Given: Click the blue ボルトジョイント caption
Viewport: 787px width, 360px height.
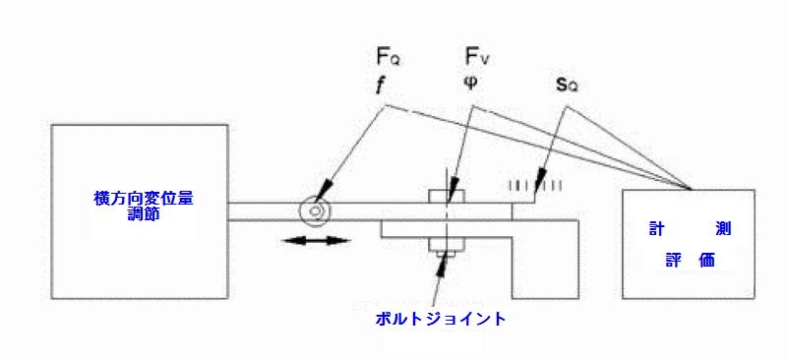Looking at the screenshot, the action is (x=442, y=319).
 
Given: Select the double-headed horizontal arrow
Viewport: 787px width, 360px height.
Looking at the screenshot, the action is (x=313, y=241).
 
